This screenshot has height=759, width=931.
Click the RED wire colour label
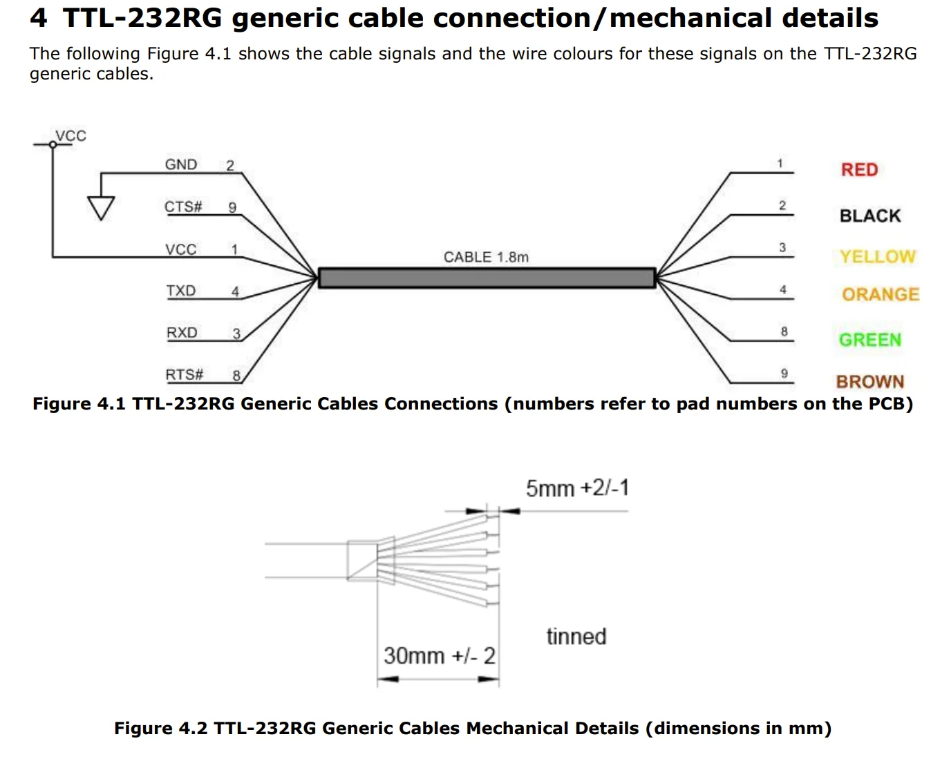pyautogui.click(x=859, y=170)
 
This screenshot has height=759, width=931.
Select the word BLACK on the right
pyautogui.click(x=869, y=216)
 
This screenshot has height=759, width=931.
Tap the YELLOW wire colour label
pyautogui.click(x=877, y=257)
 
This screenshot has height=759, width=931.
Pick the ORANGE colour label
pyautogui.click(x=880, y=295)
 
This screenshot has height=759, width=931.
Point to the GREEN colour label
pyautogui.click(x=869, y=340)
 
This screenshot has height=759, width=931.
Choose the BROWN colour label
pyautogui.click(x=869, y=382)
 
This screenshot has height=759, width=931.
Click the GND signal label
pyautogui.click(x=181, y=165)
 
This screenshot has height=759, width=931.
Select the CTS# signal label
pyautogui.click(x=183, y=207)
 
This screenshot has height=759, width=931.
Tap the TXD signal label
pyautogui.click(x=181, y=291)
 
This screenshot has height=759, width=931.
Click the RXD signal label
pyautogui.click(x=182, y=333)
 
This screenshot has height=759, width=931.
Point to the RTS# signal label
pyautogui.click(x=184, y=375)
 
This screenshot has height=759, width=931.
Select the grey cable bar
pyautogui.click(x=486, y=278)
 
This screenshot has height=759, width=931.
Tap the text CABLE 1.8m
pyautogui.click(x=486, y=258)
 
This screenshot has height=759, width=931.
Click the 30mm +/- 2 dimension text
pyautogui.click(x=439, y=655)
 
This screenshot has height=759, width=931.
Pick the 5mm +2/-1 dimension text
pyautogui.click(x=577, y=488)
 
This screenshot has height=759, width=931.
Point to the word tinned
pyautogui.click(x=576, y=637)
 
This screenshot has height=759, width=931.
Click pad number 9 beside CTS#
pyautogui.click(x=232, y=208)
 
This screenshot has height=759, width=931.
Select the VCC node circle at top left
pyautogui.click(x=53, y=144)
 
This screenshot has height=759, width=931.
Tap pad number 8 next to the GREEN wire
pyautogui.click(x=784, y=332)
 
